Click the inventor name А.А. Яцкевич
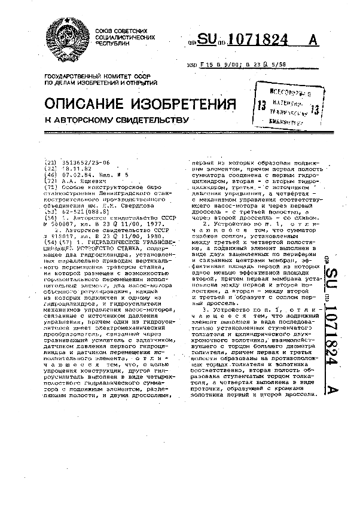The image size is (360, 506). click(77, 180)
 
